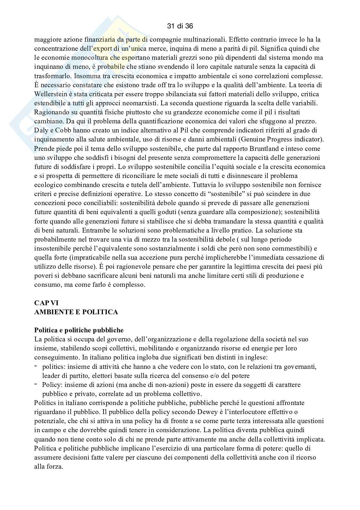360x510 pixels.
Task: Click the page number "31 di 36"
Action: coord(180,26)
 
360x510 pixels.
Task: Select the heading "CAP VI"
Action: coord(46,303)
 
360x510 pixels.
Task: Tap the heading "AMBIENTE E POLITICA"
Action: coord(76,312)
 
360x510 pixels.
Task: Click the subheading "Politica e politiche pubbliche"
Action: coord(79,330)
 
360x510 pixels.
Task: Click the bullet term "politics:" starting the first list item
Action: coord(53,367)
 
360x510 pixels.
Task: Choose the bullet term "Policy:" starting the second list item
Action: coord(52,385)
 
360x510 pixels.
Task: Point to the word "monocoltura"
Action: coord(80,58)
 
